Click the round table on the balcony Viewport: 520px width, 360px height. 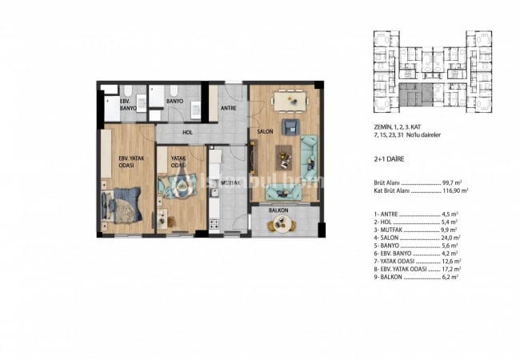point(280,225)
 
